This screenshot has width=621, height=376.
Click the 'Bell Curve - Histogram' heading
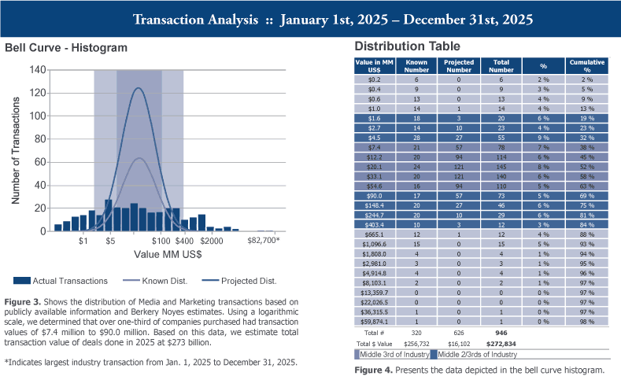[x=66, y=47]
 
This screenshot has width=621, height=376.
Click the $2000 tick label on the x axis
[x=212, y=241]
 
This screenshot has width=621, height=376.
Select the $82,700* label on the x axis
[x=264, y=241]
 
